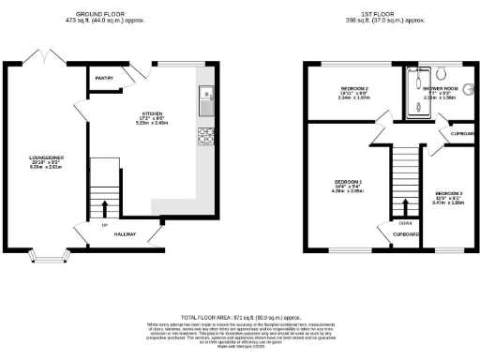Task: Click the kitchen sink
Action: [205, 95]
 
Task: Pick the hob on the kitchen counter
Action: [205, 137]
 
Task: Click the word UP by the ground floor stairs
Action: [103, 226]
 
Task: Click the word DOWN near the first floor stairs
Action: [405, 223]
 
